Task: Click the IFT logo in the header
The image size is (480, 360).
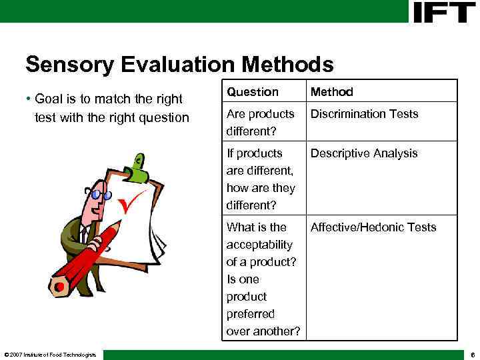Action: pos(444,11)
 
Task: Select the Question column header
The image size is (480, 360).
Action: pos(253,92)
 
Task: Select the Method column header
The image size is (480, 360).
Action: pos(332,92)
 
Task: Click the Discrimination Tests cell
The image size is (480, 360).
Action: pos(364,114)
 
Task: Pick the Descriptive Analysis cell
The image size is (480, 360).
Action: pos(364,153)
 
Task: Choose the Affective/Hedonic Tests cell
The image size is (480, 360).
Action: pos(373,227)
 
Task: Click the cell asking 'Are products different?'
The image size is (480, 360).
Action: pos(260,122)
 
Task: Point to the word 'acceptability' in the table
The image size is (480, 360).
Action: pos(259,245)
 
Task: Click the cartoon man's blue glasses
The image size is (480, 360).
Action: pos(101,195)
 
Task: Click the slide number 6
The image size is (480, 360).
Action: pos(472,354)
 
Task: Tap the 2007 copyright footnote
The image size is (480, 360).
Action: pos(50,354)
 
